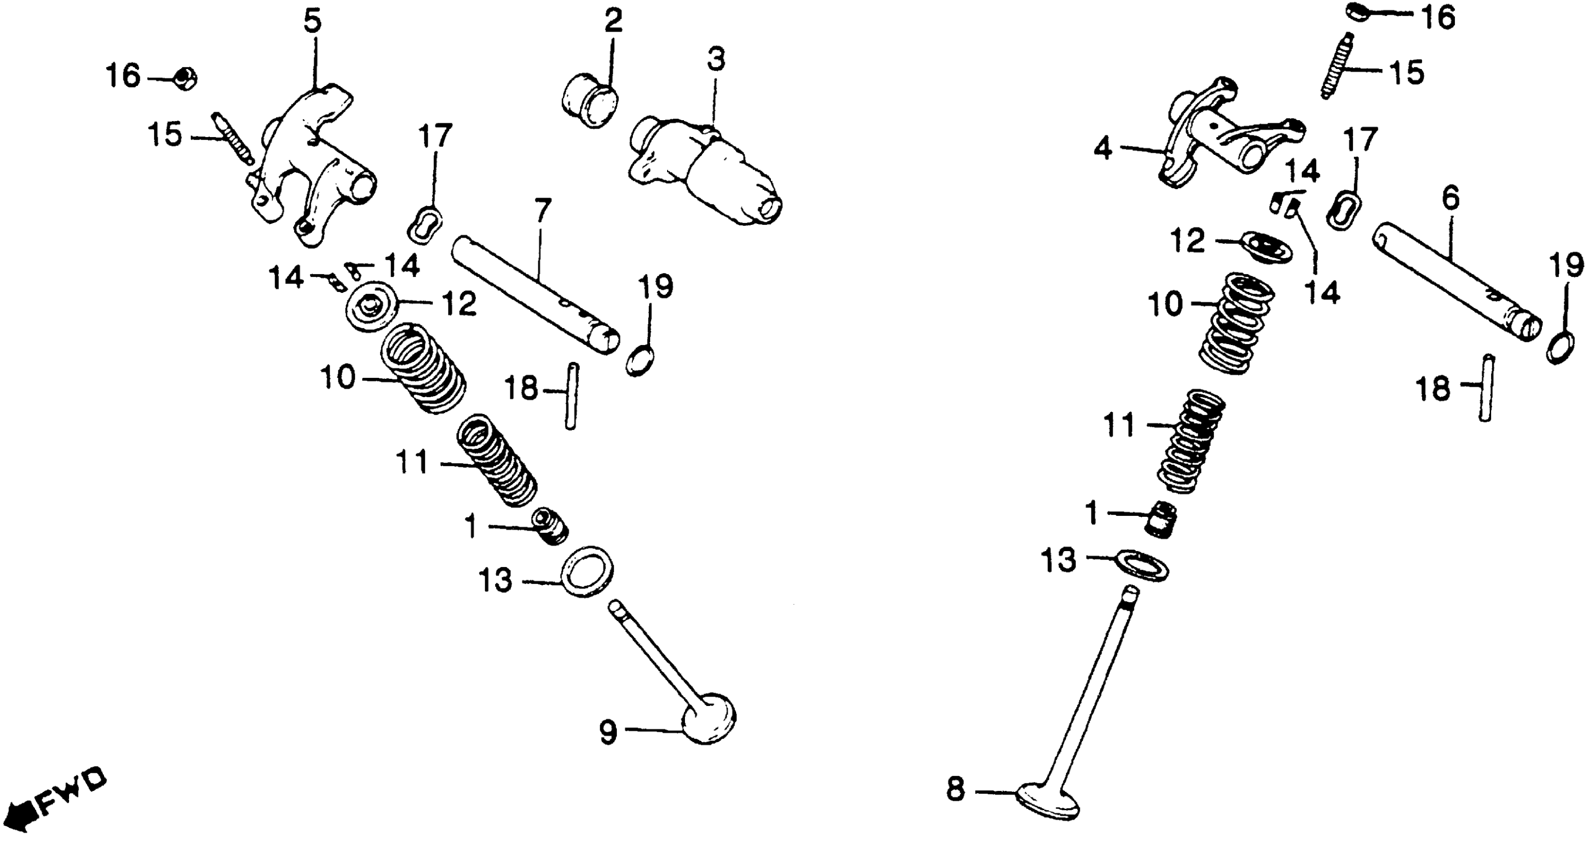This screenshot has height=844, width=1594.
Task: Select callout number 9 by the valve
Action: click(608, 733)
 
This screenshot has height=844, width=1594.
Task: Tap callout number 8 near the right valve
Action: click(955, 789)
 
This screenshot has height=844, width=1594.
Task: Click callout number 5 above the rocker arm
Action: click(312, 22)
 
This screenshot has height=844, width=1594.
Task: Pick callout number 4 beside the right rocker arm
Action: click(1103, 148)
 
